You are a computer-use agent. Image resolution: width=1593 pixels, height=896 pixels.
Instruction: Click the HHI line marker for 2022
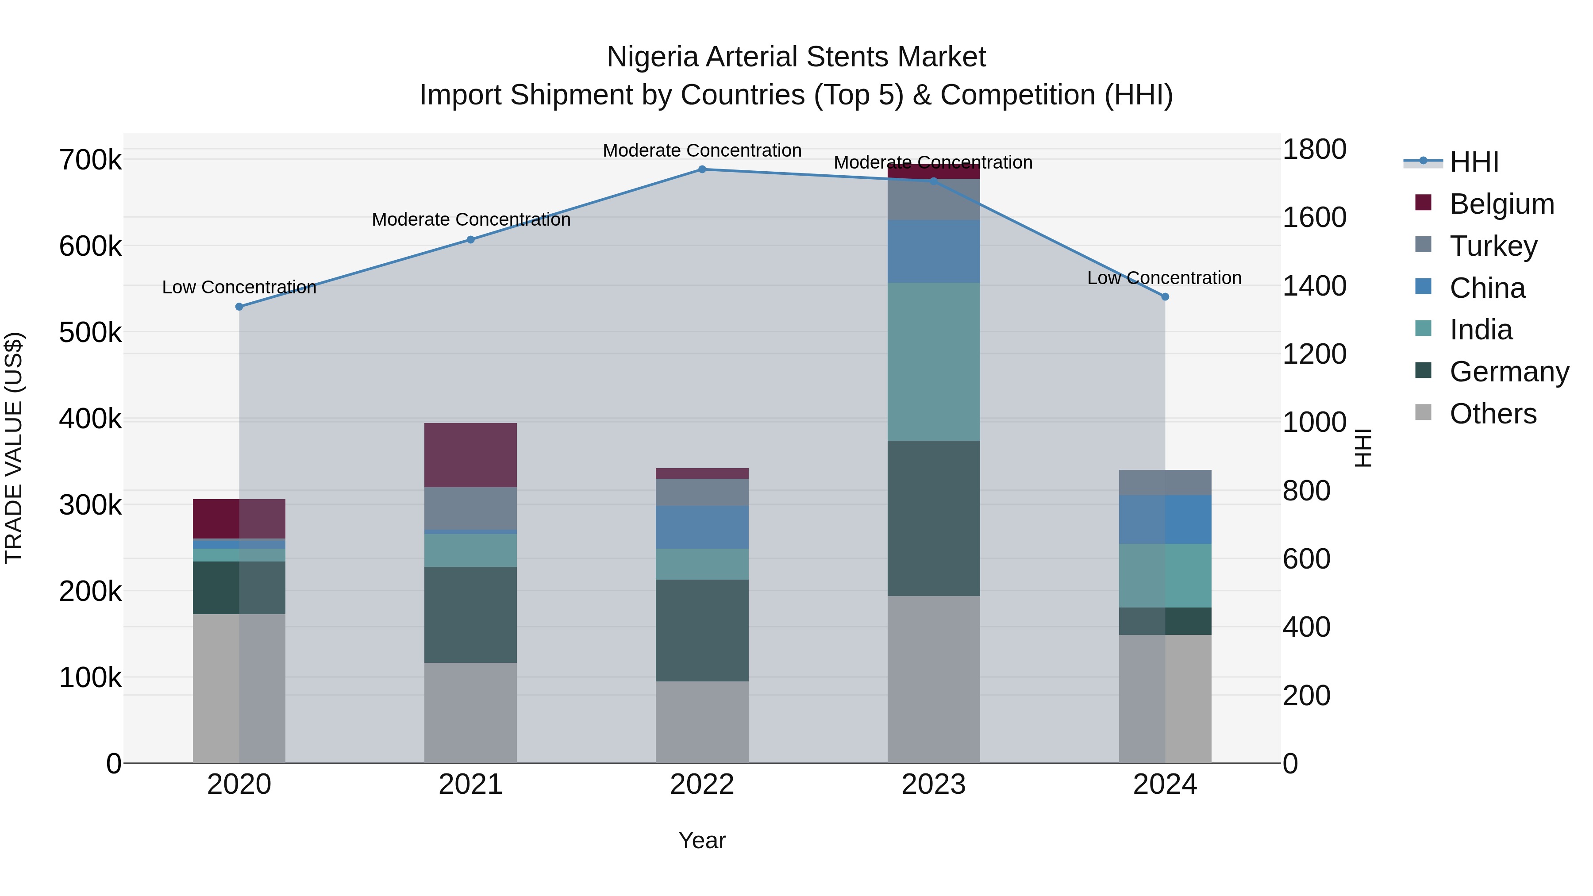point(702,169)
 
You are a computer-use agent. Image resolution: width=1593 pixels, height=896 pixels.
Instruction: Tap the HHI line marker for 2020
point(239,307)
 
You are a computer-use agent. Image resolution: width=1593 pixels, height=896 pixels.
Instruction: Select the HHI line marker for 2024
point(1165,297)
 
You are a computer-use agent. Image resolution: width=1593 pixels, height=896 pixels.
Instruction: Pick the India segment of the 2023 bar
point(933,362)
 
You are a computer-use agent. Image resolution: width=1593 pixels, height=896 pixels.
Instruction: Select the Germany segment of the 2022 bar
point(702,630)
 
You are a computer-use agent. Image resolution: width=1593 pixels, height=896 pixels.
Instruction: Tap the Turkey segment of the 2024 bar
point(1165,482)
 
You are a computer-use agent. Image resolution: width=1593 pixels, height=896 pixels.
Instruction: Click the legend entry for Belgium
point(1501,204)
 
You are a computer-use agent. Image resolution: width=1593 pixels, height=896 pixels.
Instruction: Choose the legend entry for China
point(1487,288)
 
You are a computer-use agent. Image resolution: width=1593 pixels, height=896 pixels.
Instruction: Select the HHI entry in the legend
point(1473,162)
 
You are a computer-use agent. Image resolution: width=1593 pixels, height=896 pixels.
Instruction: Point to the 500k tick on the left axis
point(90,333)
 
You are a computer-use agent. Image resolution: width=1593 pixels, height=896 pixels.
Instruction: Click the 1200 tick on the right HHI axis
point(1314,354)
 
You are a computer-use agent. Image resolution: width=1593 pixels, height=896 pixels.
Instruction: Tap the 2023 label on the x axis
point(933,784)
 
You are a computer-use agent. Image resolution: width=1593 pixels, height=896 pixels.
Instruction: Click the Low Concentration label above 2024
point(1164,278)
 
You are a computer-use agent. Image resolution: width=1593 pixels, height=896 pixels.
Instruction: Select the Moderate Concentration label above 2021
point(471,219)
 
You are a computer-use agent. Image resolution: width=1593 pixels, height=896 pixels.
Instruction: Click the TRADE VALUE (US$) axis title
point(14,448)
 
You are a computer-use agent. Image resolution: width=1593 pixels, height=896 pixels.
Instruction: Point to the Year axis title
point(702,840)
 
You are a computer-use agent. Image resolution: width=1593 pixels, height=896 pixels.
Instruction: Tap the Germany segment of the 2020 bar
point(239,588)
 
